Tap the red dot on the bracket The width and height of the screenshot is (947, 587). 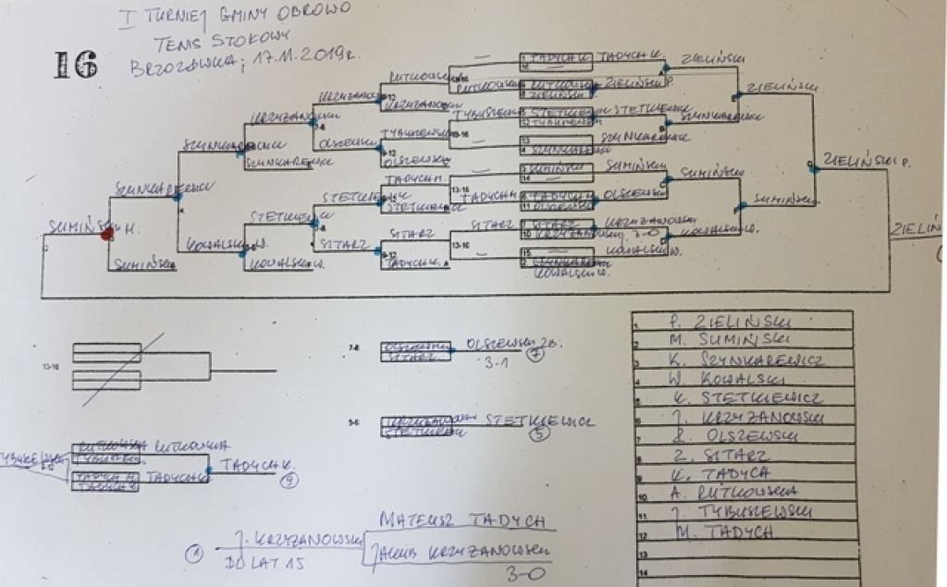[x=107, y=234]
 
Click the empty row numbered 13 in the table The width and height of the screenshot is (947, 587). [x=740, y=551]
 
